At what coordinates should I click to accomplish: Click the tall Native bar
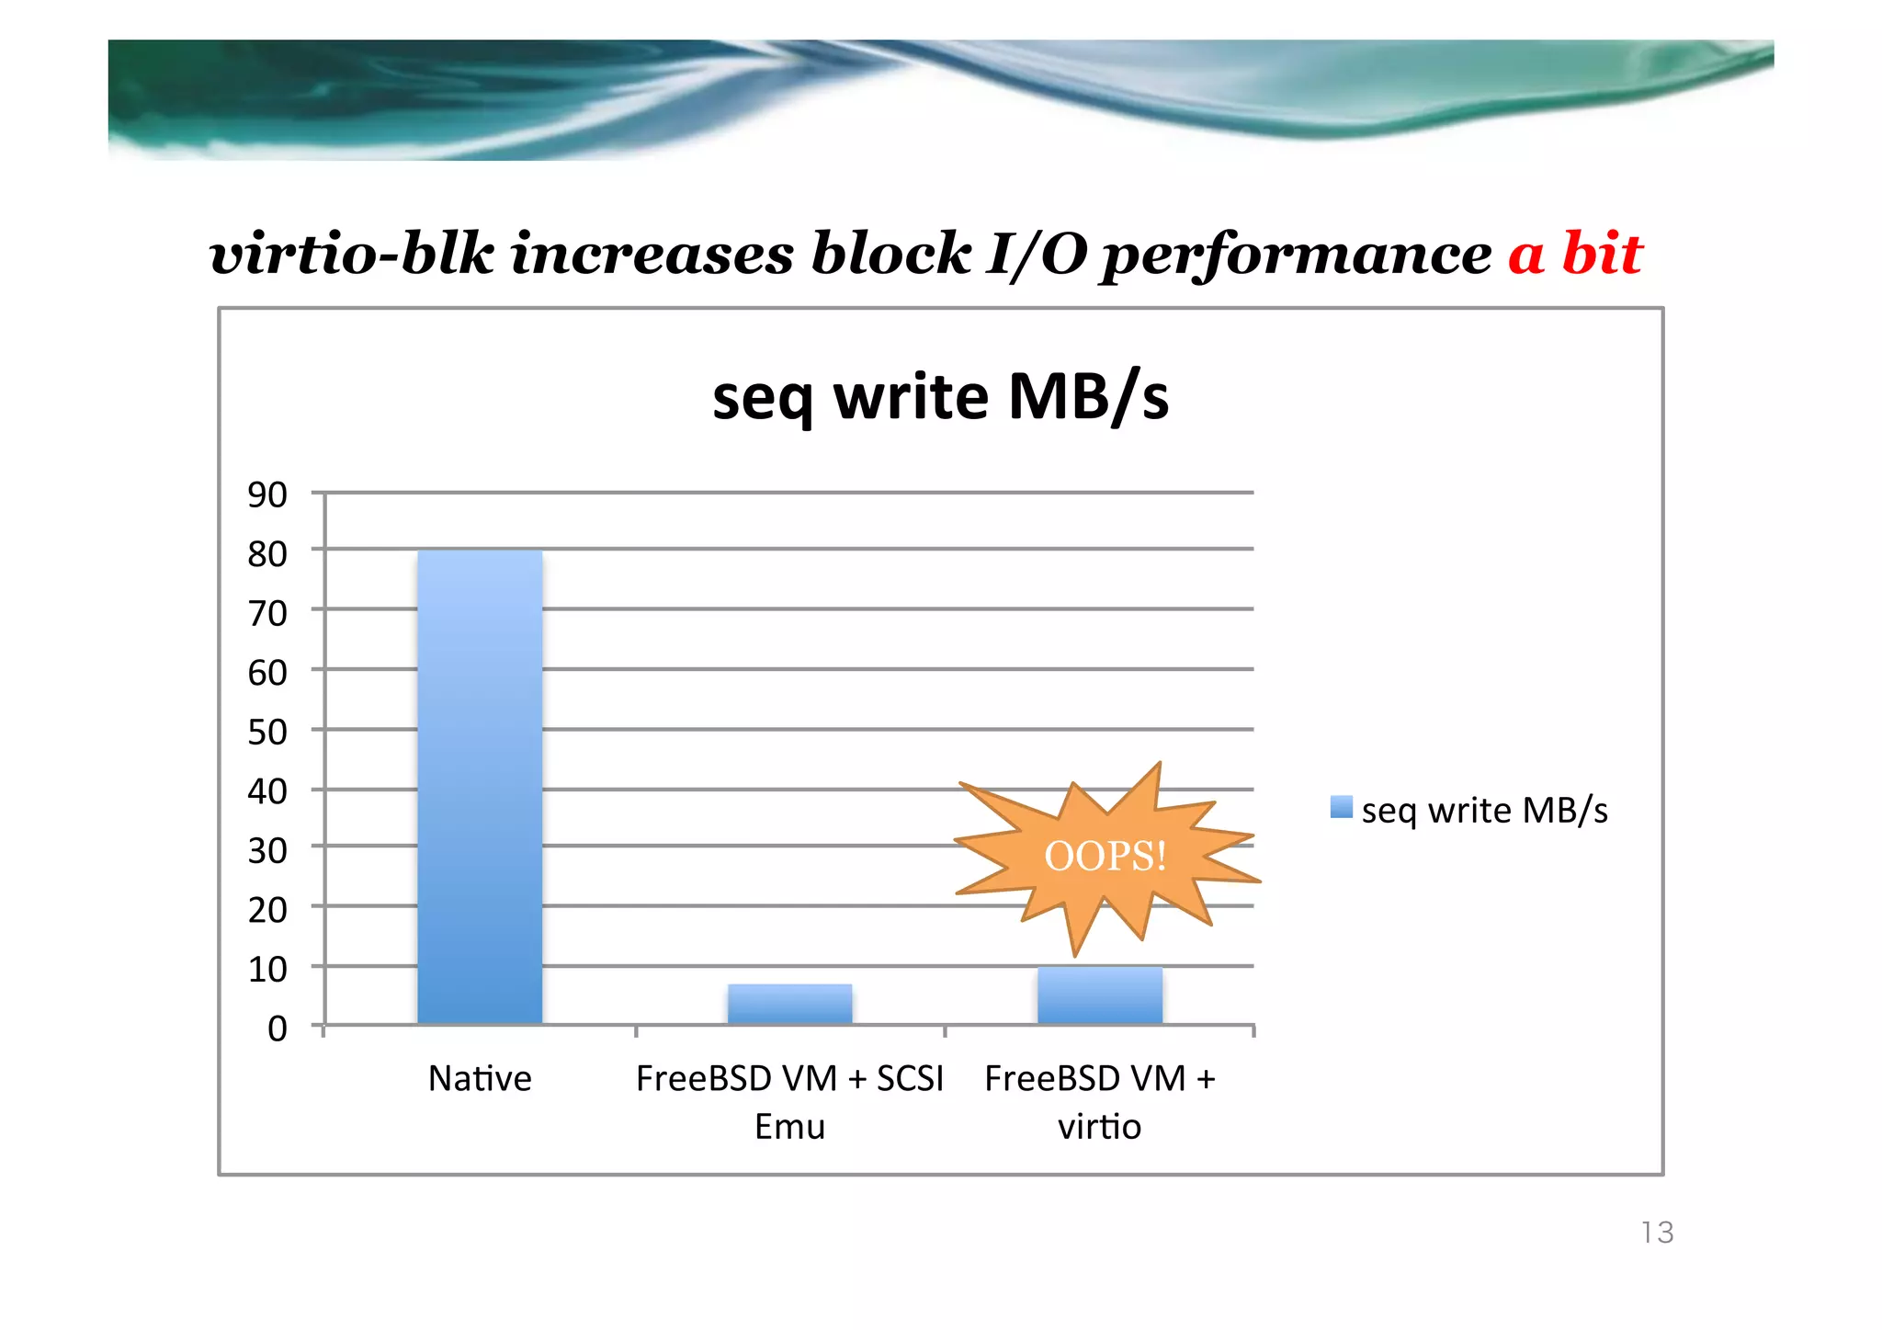click(480, 786)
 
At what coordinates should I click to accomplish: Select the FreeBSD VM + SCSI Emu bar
click(789, 1004)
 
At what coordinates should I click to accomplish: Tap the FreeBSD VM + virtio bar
click(1099, 995)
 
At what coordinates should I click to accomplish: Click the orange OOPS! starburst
click(1105, 857)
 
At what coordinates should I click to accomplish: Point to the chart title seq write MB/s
click(940, 397)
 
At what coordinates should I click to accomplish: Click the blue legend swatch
click(1341, 808)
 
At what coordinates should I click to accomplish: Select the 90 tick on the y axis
click(267, 494)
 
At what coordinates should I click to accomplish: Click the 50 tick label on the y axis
click(267, 732)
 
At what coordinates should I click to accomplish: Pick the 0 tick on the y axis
click(277, 1028)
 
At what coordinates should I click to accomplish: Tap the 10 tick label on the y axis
click(267, 969)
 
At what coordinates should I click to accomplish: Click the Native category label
click(480, 1078)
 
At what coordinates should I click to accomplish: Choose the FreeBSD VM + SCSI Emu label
click(789, 1101)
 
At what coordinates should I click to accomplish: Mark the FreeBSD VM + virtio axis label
click(1099, 1101)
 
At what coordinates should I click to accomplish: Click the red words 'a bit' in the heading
click(1574, 254)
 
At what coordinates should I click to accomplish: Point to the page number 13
click(1657, 1233)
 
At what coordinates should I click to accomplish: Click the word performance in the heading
click(1297, 256)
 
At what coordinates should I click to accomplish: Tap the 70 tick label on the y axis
click(267, 613)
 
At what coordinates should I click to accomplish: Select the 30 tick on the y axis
click(267, 850)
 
